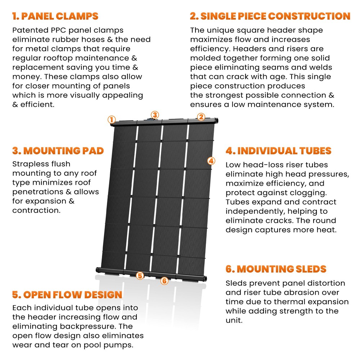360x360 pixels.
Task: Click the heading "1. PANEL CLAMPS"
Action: point(55,17)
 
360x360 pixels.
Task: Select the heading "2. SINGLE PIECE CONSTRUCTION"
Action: point(270,17)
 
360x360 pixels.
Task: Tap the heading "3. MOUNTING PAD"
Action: point(58,150)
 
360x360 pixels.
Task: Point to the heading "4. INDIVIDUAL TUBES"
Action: point(278,151)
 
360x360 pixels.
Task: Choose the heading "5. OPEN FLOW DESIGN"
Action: point(67,295)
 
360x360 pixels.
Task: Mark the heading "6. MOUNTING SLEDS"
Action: point(276,269)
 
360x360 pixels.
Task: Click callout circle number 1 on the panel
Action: point(112,120)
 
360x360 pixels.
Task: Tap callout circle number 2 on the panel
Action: point(201,117)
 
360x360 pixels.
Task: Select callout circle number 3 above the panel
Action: point(154,115)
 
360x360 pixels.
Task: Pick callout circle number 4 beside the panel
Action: point(211,161)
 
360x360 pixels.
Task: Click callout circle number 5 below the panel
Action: point(140,276)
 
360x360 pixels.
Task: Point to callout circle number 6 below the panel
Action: point(164,281)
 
